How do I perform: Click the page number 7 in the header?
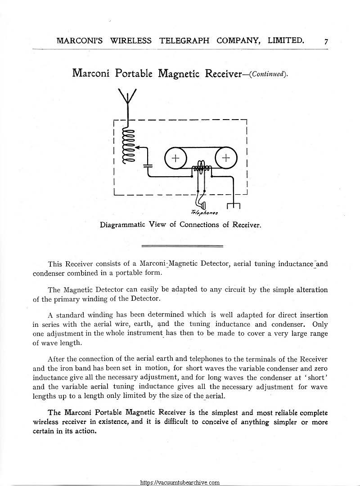click(x=326, y=42)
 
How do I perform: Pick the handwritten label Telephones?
click(x=205, y=212)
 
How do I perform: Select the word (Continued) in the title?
click(x=269, y=74)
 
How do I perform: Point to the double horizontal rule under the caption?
click(x=182, y=246)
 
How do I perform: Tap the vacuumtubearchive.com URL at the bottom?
click(x=180, y=482)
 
